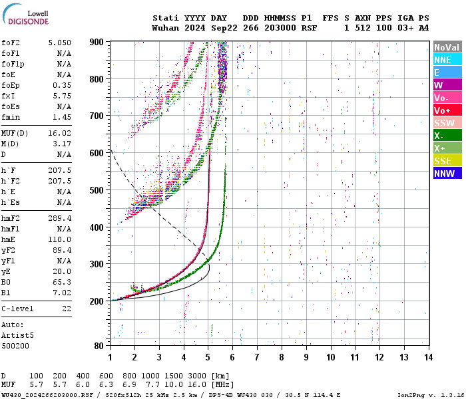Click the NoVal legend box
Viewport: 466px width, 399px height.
click(447, 47)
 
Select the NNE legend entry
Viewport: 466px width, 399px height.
click(447, 60)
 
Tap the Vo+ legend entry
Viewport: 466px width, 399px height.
click(447, 110)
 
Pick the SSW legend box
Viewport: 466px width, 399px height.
click(447, 123)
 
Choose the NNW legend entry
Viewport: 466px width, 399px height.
click(447, 174)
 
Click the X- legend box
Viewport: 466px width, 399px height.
click(447, 136)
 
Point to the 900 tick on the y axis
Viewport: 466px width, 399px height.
click(97, 42)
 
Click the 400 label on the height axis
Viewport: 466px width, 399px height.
click(97, 227)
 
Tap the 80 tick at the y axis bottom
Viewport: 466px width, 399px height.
click(99, 346)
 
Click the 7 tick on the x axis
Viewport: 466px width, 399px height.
click(257, 357)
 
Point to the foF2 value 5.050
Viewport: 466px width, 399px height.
click(59, 43)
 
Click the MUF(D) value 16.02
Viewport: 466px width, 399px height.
click(59, 133)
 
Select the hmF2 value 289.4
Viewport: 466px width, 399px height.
click(59, 218)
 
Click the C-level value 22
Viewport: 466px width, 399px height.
click(66, 309)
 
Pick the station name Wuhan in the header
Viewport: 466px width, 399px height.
click(165, 29)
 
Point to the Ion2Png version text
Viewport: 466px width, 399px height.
click(430, 394)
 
